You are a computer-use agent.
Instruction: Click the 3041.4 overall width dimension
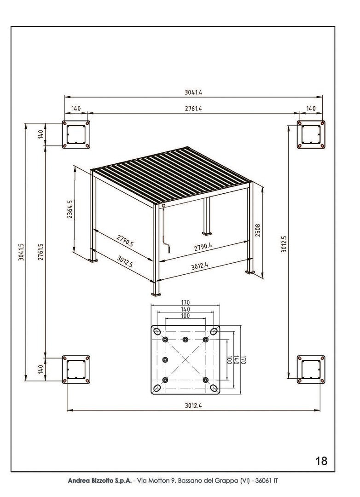click(x=193, y=92)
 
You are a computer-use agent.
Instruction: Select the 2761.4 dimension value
click(x=193, y=109)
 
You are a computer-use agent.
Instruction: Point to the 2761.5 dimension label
click(x=41, y=252)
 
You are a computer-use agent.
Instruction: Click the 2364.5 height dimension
click(x=70, y=209)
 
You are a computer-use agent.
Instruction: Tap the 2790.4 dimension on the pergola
click(x=203, y=247)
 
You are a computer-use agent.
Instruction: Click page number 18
click(x=321, y=461)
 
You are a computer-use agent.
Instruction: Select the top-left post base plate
click(x=76, y=135)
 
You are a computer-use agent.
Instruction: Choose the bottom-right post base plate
click(x=311, y=369)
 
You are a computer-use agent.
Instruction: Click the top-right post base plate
click(x=311, y=135)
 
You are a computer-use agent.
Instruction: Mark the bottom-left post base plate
click(x=76, y=369)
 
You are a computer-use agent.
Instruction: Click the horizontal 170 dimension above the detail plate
click(x=185, y=303)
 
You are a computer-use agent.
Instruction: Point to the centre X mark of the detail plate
click(x=185, y=360)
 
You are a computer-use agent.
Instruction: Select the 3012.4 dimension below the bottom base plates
click(x=193, y=405)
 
